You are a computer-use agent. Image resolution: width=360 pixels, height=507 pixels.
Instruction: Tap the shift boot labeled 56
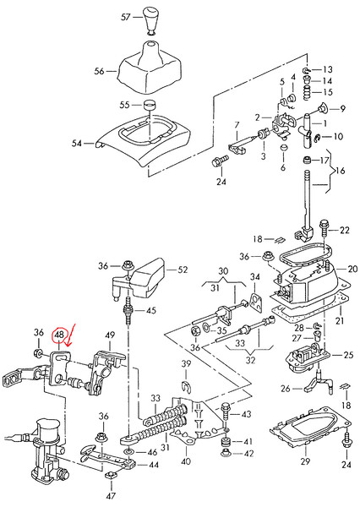point(148,69)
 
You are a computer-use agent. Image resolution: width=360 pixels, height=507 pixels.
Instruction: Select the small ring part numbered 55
point(149,105)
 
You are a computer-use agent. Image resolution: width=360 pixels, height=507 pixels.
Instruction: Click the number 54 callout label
point(77,143)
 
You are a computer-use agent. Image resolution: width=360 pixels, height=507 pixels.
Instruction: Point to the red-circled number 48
point(59,335)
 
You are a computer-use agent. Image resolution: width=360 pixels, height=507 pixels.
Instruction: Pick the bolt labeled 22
point(324,229)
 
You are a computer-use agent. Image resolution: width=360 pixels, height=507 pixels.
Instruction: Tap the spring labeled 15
point(307,92)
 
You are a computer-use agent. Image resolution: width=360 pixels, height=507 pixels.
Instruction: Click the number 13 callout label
point(328,69)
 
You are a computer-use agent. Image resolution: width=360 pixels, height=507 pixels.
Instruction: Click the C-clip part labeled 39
point(185,385)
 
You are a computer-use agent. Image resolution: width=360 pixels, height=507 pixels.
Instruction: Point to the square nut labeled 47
point(111,475)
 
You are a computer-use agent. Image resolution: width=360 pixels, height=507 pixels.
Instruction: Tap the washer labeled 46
point(128,451)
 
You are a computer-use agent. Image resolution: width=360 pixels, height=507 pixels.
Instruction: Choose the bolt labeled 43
point(226,415)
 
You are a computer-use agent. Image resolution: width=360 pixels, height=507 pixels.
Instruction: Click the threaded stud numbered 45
point(128,311)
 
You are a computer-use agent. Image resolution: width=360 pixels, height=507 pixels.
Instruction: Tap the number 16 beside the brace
point(341,171)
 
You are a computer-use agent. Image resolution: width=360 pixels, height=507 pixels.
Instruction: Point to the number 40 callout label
point(186,461)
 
